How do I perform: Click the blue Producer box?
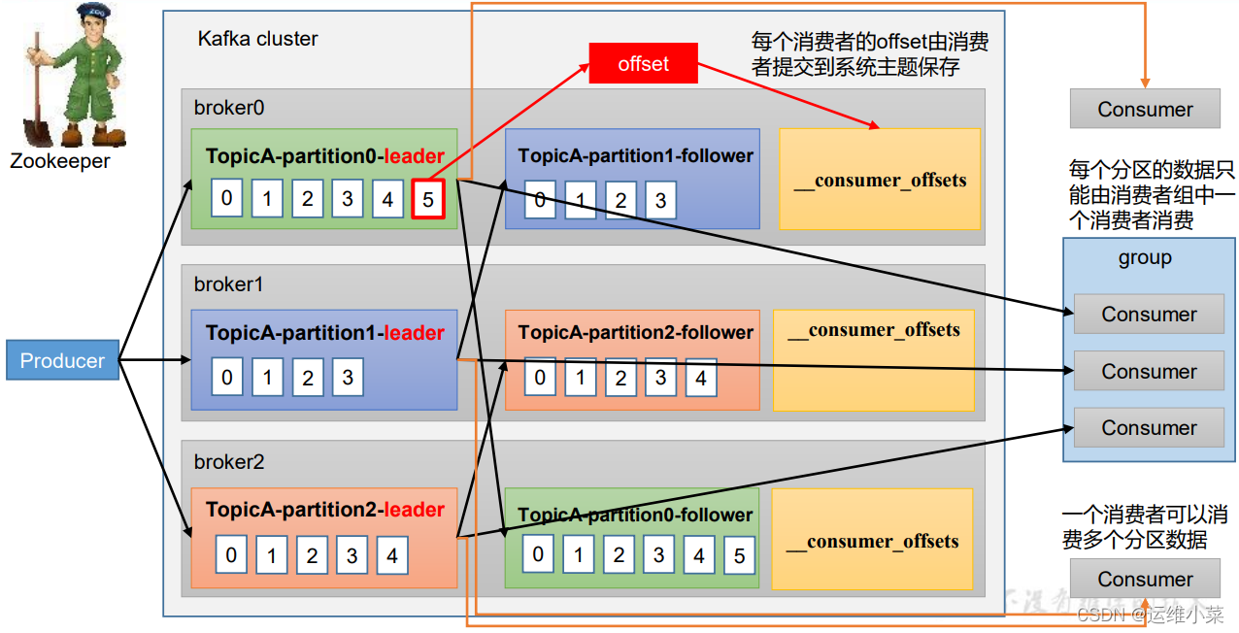pos(62,360)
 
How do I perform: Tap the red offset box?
pos(643,64)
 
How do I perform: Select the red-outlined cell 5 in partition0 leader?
pos(428,199)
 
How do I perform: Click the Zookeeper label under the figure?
pos(60,161)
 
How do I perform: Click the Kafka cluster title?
pos(257,40)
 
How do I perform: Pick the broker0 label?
pos(229,108)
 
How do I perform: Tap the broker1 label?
pos(229,284)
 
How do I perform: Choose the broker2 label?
pos(229,462)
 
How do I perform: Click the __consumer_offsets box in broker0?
pos(880,180)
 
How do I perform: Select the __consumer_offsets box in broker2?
pos(872,540)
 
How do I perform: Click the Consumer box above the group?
pos(1145,110)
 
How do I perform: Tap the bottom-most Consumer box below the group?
pos(1145,580)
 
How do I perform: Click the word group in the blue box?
pos(1145,258)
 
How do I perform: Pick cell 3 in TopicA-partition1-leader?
pos(348,377)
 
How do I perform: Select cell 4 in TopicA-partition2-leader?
pos(391,555)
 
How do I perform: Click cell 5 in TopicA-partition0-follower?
pos(739,555)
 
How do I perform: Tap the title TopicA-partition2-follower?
pos(636,332)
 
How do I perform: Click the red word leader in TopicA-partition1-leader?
pos(415,333)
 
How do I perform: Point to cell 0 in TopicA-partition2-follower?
pos(540,378)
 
